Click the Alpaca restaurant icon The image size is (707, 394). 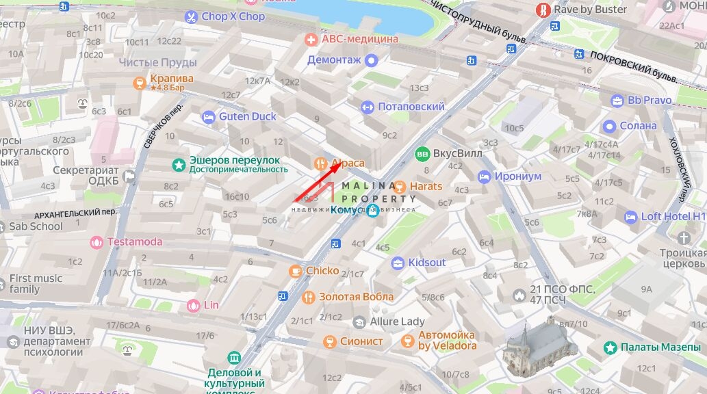point(320,163)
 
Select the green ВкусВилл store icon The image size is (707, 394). point(422,153)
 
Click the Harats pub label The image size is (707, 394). point(426,186)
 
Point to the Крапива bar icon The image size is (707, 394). point(140,83)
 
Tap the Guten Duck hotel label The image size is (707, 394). point(248,116)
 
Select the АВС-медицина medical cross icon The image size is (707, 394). point(311,39)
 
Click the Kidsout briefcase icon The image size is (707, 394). point(398,263)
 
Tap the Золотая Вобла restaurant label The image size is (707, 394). point(356,297)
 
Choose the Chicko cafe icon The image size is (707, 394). point(296,271)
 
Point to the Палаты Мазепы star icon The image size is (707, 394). point(610,347)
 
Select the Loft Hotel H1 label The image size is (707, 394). point(673,217)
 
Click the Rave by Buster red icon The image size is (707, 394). point(543,10)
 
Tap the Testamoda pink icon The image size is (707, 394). point(97,241)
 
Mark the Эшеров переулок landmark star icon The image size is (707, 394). point(179,164)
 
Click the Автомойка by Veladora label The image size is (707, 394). point(447,341)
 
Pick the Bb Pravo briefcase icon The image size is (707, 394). point(617,101)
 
